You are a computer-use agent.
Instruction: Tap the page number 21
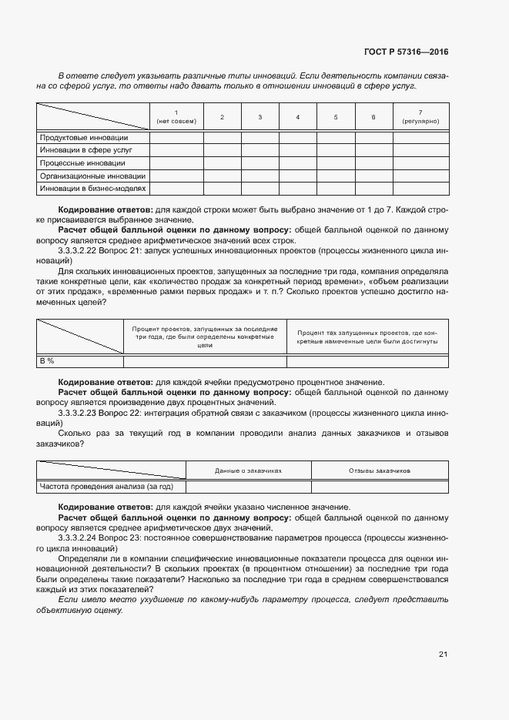coord(443,654)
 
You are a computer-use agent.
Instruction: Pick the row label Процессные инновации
coord(82,163)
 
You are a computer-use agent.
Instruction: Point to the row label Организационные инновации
coord(92,176)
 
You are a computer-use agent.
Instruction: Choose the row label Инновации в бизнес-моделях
coord(92,188)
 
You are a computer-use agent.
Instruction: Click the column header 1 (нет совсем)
coord(176,116)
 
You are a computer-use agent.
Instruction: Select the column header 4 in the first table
coord(298,117)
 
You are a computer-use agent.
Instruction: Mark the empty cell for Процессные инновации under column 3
coord(260,163)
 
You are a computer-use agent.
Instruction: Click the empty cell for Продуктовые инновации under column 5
coord(336,138)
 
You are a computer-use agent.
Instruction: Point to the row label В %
coord(47,360)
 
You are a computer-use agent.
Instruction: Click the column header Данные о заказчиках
coord(249,469)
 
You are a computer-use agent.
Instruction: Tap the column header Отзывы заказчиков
coord(380,469)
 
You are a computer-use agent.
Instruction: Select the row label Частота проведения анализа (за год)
coord(107,487)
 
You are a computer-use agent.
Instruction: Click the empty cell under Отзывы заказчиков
coord(380,487)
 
